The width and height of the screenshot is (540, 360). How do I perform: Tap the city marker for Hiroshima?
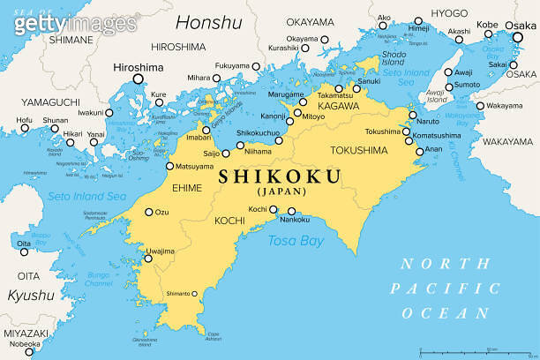[x=138, y=79]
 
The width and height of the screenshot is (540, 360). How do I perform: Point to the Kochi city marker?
[x=274, y=209]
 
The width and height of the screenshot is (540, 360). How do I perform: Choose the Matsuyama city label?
[x=195, y=166]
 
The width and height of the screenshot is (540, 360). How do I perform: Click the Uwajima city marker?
[x=160, y=259]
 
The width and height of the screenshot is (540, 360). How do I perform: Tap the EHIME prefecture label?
[x=188, y=188]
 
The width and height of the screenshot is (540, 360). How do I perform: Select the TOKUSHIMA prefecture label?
[x=359, y=150]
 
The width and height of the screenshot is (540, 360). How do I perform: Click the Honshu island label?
[x=209, y=23]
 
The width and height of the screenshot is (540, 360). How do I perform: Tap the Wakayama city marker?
[x=479, y=107]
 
